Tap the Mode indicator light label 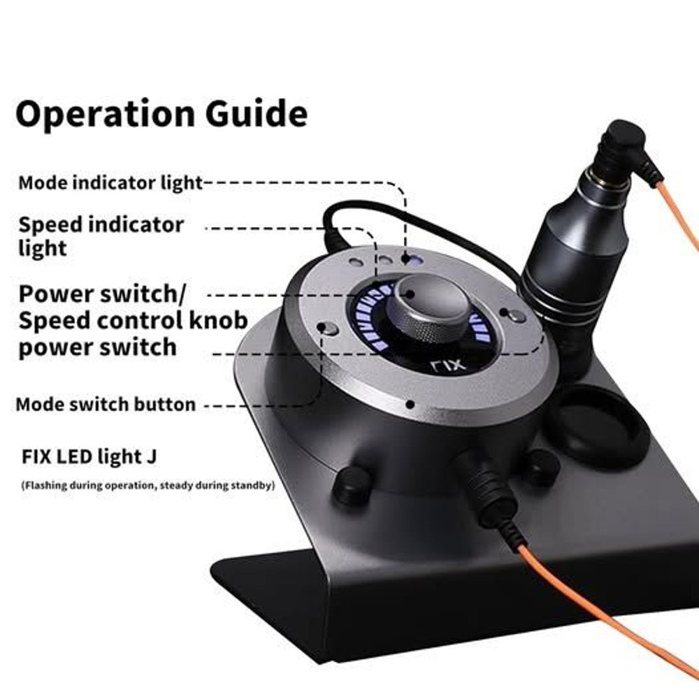(x=110, y=183)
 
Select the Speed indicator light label (x=101, y=236)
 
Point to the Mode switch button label (x=106, y=404)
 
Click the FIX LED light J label (x=88, y=457)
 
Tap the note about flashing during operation (x=147, y=484)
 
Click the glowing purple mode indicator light (x=413, y=259)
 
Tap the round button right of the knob (x=517, y=315)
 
